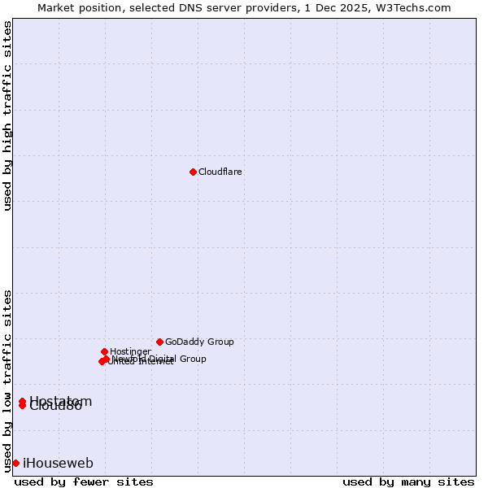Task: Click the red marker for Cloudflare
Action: pyautogui.click(x=193, y=172)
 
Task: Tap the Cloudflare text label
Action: pyautogui.click(x=220, y=172)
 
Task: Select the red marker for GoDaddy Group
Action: pyautogui.click(x=159, y=342)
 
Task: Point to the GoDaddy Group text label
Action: pyautogui.click(x=199, y=342)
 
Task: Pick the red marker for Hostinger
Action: pyautogui.click(x=104, y=351)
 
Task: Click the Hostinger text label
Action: pyautogui.click(x=130, y=352)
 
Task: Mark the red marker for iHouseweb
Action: pyautogui.click(x=15, y=463)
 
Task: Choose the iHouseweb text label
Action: pyautogui.click(x=58, y=464)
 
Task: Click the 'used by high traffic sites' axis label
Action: pyautogui.click(x=8, y=116)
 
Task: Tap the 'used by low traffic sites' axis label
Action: pyautogui.click(x=8, y=380)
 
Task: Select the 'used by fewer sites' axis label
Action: pyautogui.click(x=84, y=482)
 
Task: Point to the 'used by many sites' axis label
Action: pyautogui.click(x=408, y=482)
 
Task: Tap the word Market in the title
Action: pyautogui.click(x=56, y=8)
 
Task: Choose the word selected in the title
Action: pyautogui.click(x=148, y=8)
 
